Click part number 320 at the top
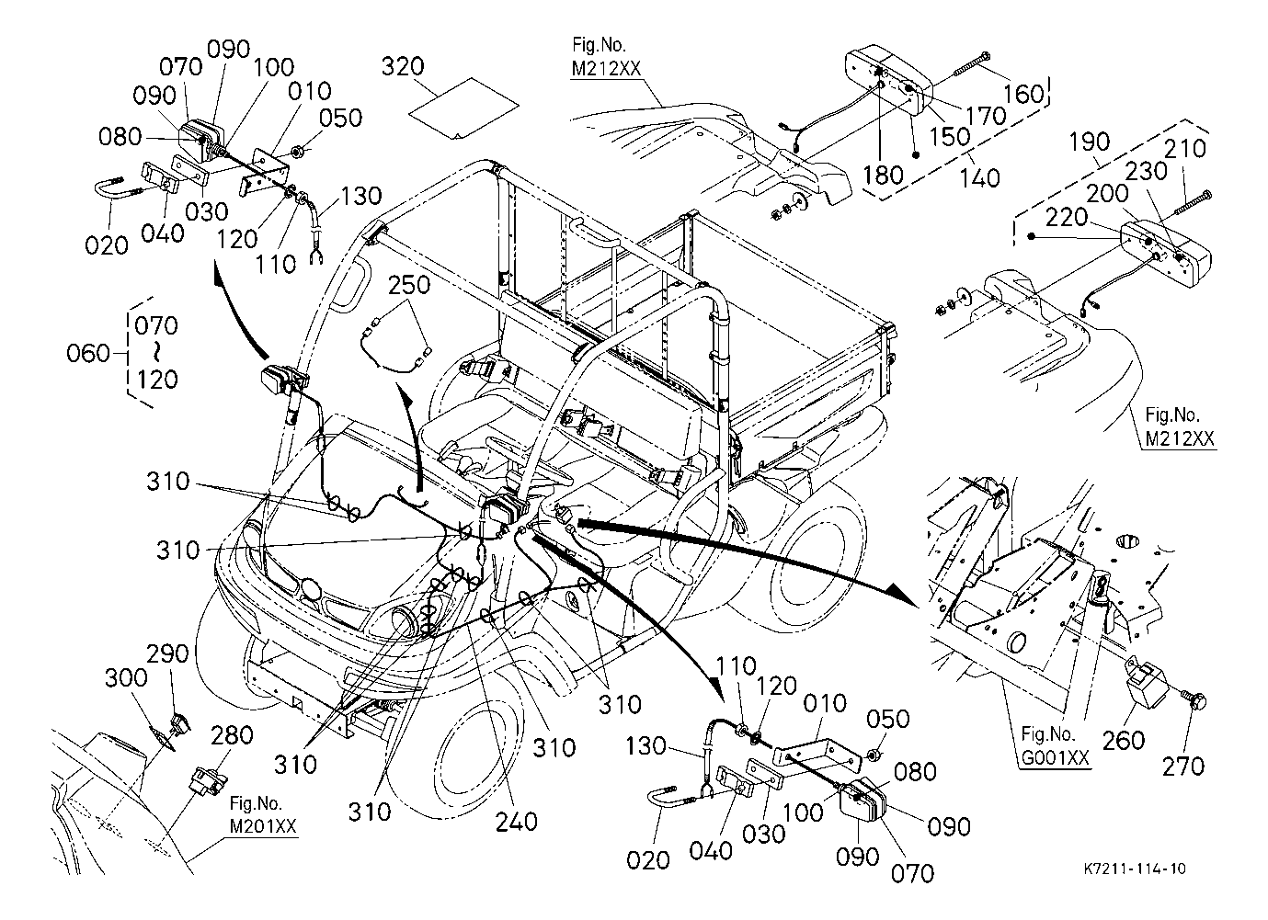(403, 67)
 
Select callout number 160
(1024, 94)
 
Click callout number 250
(408, 286)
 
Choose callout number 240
(516, 820)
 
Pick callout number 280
(234, 737)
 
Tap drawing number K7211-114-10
(1132, 869)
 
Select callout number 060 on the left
(89, 353)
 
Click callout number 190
(1090, 144)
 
